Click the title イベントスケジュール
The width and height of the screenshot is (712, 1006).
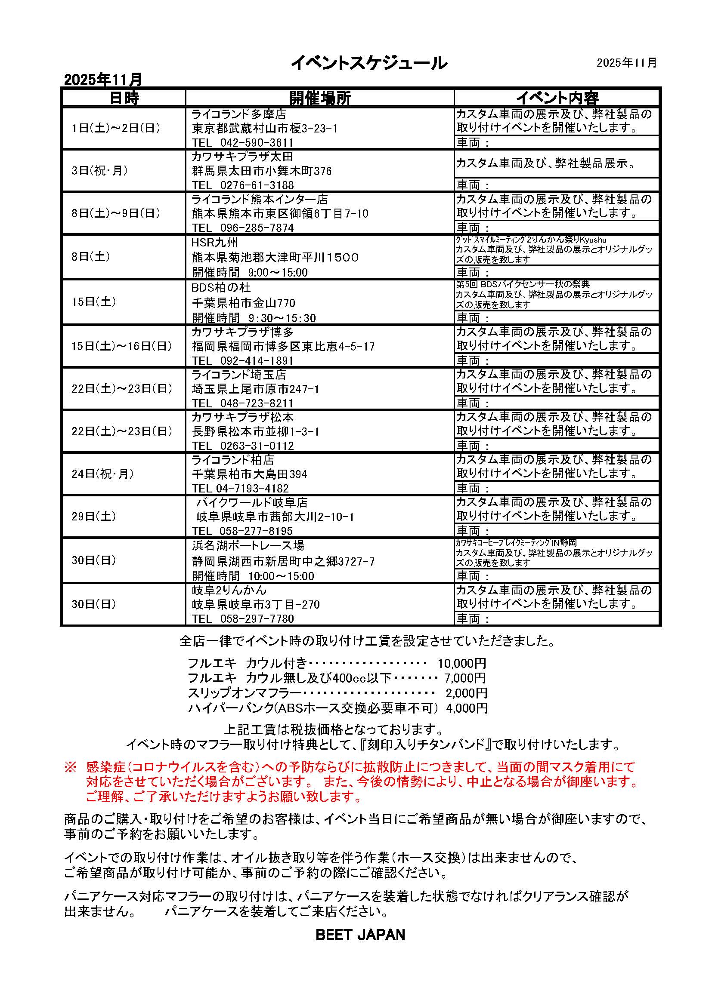point(369,64)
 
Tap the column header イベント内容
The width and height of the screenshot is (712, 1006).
point(557,98)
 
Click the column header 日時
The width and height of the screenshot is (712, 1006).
point(124,98)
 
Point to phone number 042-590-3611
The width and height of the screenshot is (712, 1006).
point(257,143)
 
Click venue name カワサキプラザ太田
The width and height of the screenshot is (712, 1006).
point(242,157)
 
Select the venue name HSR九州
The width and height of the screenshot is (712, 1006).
point(214,242)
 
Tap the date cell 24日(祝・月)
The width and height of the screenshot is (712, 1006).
point(102,474)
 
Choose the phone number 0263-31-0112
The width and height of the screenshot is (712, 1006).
point(257,446)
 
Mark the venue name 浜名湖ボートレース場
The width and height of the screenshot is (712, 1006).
point(248,545)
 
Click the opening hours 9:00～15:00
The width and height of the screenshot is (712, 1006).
point(278,273)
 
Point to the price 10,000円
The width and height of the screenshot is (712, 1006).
point(461,663)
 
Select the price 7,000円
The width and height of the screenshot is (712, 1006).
point(465,678)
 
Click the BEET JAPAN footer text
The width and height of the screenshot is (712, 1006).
point(360,935)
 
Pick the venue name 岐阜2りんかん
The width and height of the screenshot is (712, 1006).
point(229,590)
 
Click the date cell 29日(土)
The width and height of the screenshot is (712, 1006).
point(94,516)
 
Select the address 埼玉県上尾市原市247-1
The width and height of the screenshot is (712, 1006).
point(256,389)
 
